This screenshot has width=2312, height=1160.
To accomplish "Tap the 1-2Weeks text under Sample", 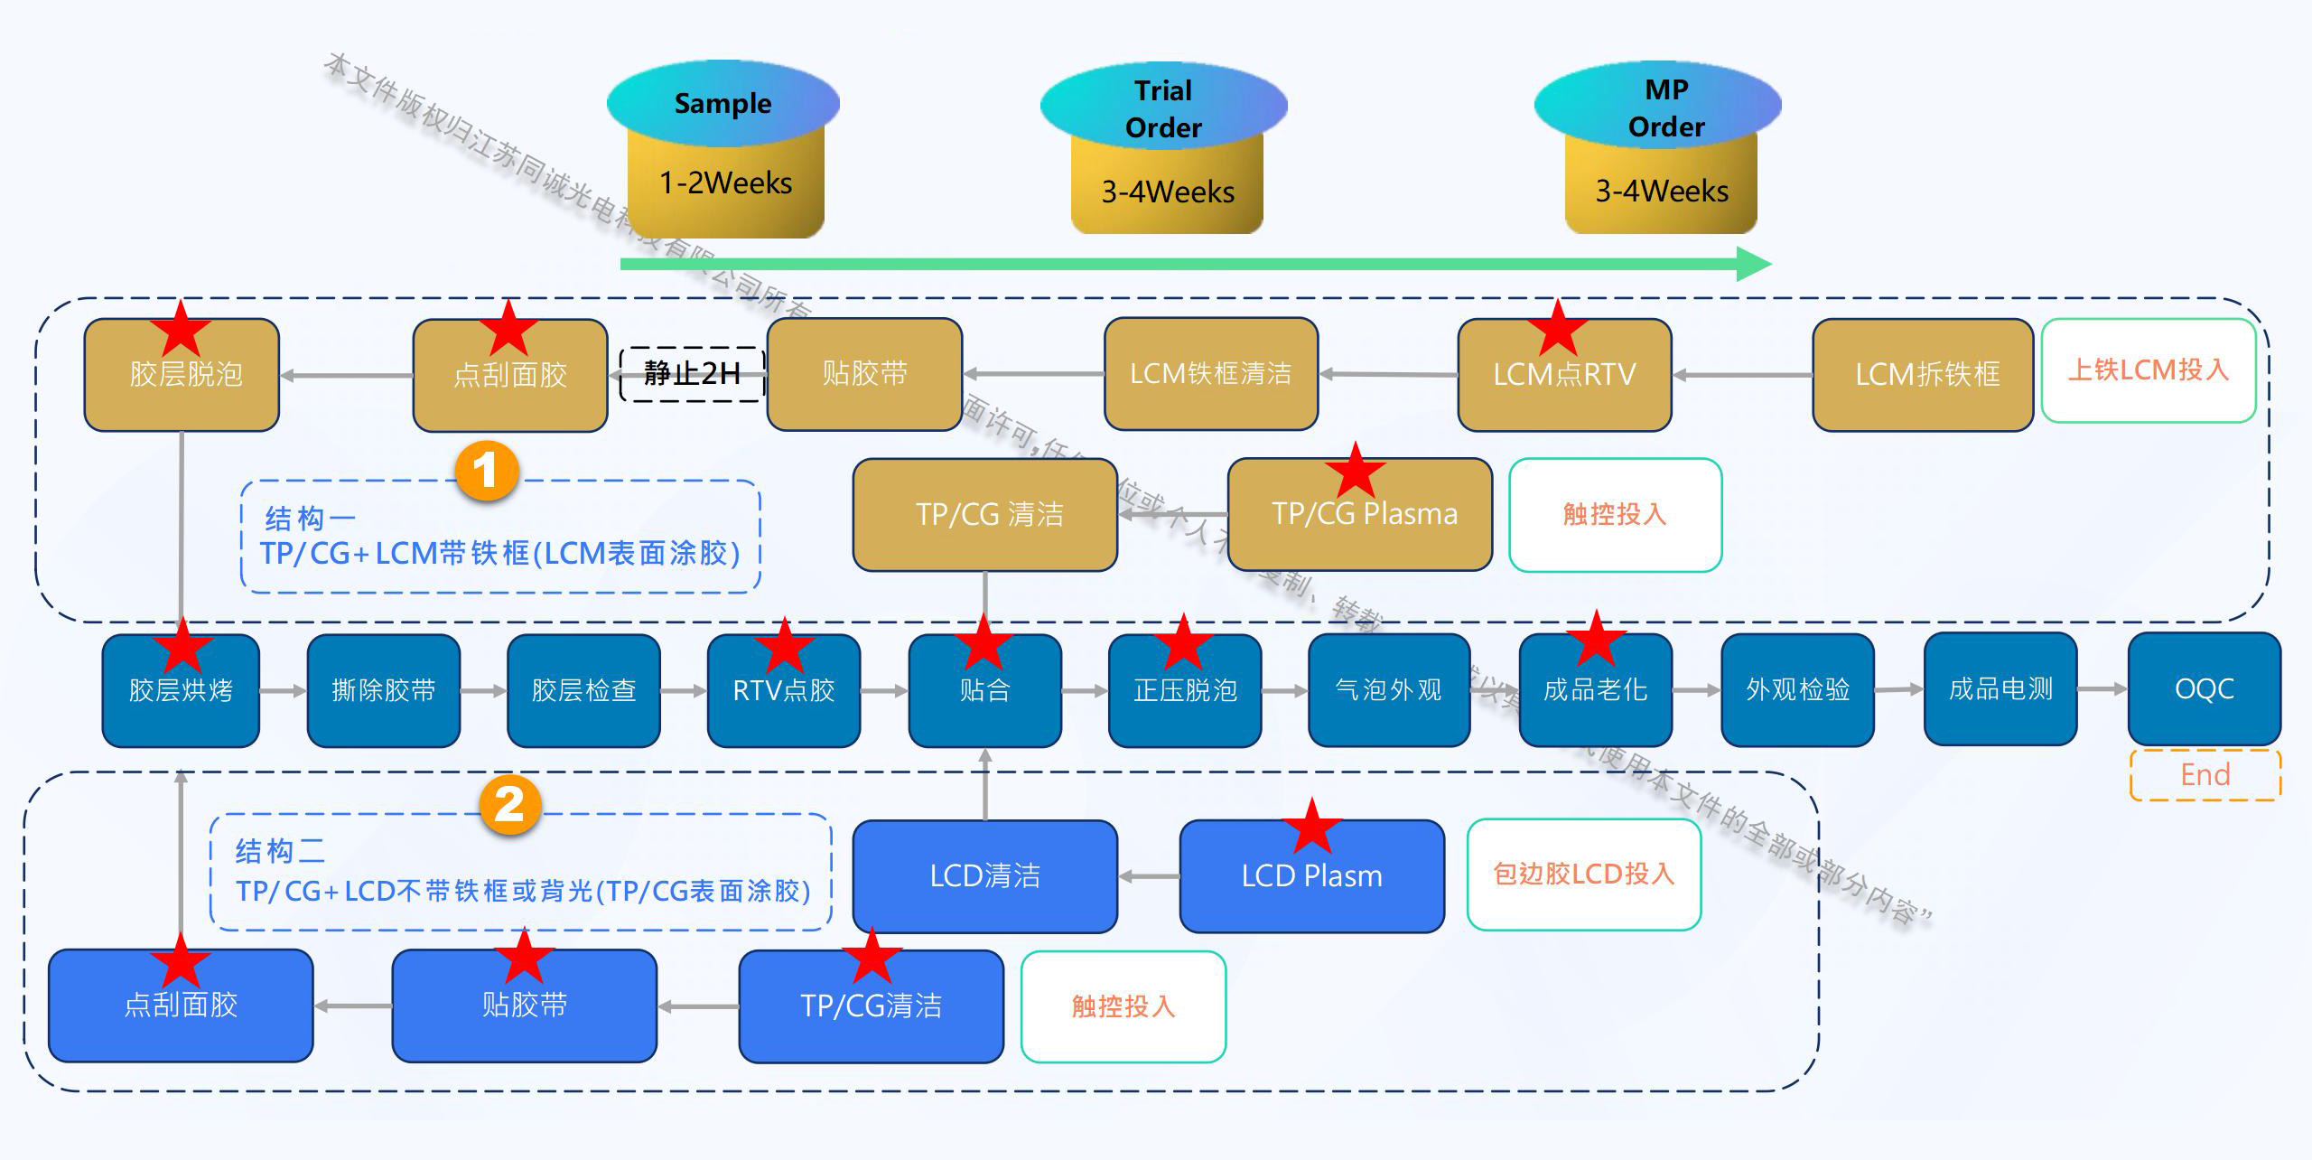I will [725, 183].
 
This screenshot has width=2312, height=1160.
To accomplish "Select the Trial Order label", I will [1163, 108].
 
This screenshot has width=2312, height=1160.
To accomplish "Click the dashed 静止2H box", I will [692, 373].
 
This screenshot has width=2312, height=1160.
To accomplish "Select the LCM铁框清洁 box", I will [1210, 374].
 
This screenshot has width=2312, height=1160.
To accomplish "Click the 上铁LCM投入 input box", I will [2148, 370].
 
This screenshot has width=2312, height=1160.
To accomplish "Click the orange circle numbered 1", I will [486, 471].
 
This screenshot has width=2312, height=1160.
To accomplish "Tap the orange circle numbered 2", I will [509, 805].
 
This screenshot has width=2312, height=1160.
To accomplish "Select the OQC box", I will [2204, 689].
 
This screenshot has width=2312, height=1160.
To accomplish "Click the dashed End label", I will [2205, 775].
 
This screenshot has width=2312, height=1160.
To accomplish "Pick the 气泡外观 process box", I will [1388, 690].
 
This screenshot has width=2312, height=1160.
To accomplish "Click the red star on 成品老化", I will [1596, 639].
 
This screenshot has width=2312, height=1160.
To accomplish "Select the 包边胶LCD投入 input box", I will [1583, 874].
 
